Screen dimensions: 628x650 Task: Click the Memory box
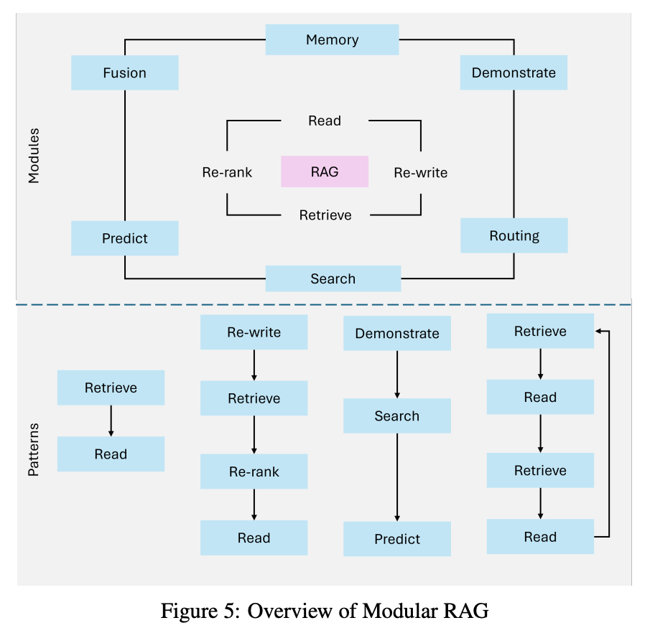point(332,39)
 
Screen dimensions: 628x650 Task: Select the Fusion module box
point(124,72)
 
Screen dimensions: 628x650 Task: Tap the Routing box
point(514,235)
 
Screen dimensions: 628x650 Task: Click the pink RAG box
point(325,172)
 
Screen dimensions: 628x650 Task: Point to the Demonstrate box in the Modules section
point(514,72)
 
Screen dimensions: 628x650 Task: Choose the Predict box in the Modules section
point(124,238)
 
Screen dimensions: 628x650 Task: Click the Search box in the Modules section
point(333,278)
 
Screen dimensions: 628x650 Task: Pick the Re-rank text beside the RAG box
point(227,172)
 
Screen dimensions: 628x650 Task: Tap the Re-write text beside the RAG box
point(420,172)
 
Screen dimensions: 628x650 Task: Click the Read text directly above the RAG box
point(325,121)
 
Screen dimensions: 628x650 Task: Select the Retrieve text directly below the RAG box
point(325,215)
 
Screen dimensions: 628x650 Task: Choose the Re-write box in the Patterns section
point(254,332)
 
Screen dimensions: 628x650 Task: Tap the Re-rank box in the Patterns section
point(254,472)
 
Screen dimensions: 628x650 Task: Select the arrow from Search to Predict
point(397,477)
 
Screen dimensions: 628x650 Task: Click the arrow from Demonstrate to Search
point(397,375)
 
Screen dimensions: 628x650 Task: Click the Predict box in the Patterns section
point(397,539)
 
